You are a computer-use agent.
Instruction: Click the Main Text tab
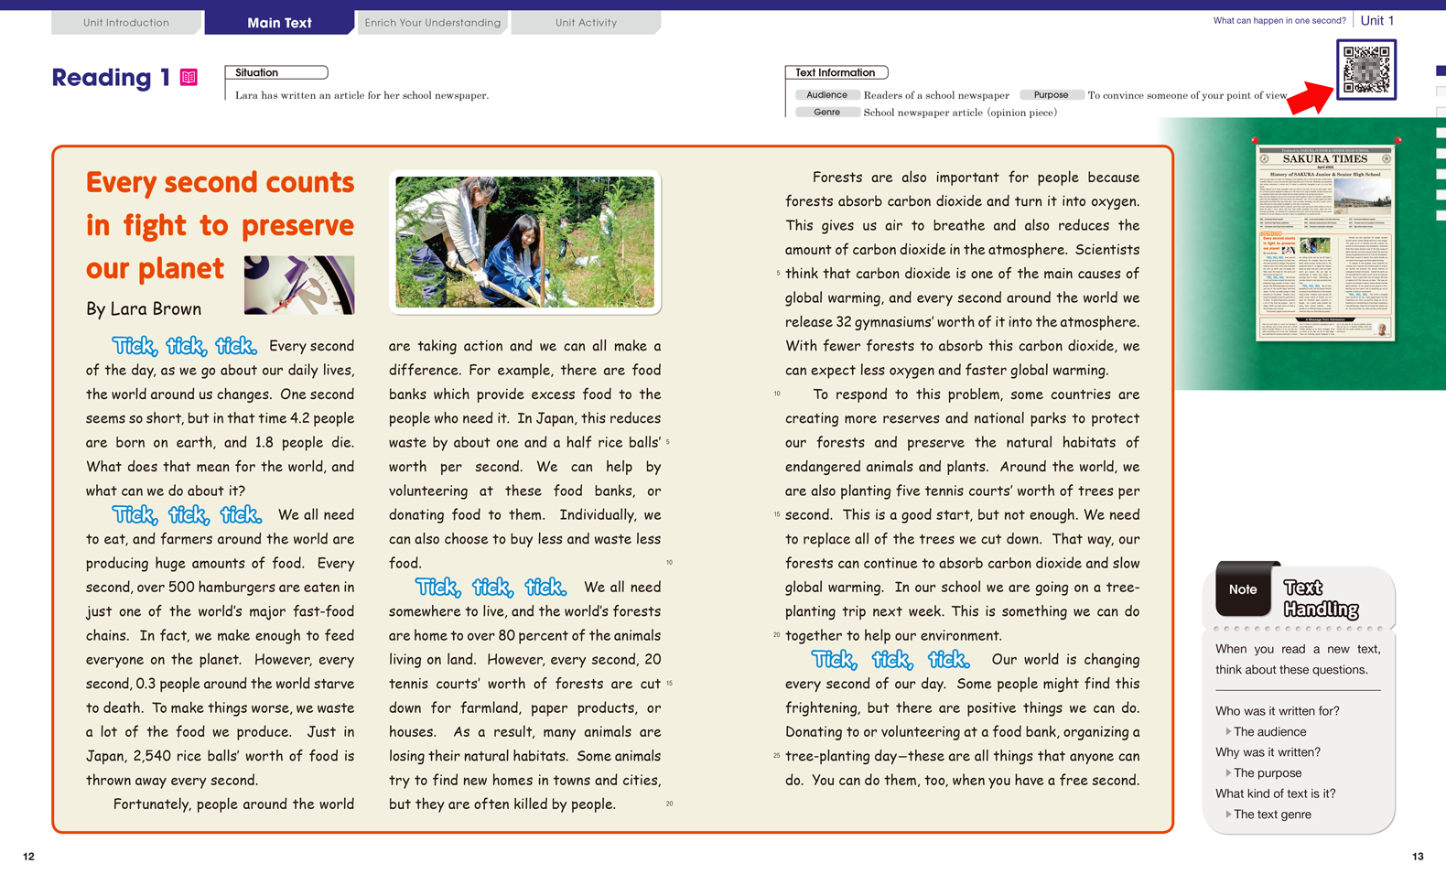[x=279, y=22]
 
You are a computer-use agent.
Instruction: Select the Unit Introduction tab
[x=126, y=22]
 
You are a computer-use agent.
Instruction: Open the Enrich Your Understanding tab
[x=432, y=22]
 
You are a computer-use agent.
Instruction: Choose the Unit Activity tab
[x=586, y=22]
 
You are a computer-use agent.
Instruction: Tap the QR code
[x=1365, y=69]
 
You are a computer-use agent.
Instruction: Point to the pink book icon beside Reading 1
[x=189, y=78]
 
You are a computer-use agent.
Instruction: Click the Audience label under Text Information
[x=826, y=95]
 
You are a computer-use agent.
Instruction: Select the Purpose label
[x=1051, y=95]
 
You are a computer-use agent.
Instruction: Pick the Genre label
[x=826, y=113]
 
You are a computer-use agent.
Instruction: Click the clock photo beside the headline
[x=299, y=285]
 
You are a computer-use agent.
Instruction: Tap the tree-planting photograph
[x=524, y=242]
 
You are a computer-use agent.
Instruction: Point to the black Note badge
[x=1243, y=589]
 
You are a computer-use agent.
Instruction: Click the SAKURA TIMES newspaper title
[x=1324, y=159]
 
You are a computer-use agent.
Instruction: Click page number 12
[x=28, y=857]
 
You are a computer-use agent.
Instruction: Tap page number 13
[x=1418, y=857]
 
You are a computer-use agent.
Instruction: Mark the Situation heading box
[x=275, y=72]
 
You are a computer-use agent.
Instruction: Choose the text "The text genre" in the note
[x=1272, y=815]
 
